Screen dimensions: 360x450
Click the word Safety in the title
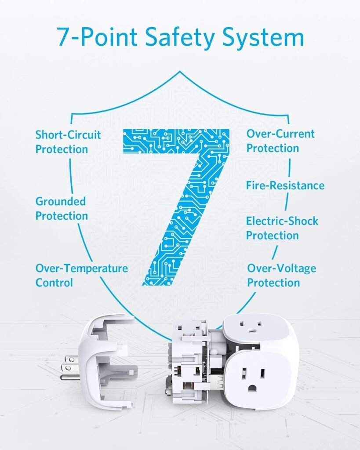[180, 38]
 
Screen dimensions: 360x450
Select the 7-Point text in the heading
[97, 37]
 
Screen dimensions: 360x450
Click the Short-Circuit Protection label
[68, 142]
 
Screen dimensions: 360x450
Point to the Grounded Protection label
[62, 209]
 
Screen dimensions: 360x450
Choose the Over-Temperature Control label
[81, 276]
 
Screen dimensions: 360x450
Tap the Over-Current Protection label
[280, 141]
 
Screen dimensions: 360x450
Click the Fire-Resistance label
[285, 185]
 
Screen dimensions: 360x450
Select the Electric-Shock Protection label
[282, 228]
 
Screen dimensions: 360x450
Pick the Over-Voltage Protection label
[281, 276]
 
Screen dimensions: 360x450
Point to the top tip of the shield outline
[180, 71]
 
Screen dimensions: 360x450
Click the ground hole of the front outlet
[252, 388]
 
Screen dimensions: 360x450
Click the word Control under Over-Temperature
[54, 283]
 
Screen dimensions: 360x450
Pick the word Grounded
[61, 201]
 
